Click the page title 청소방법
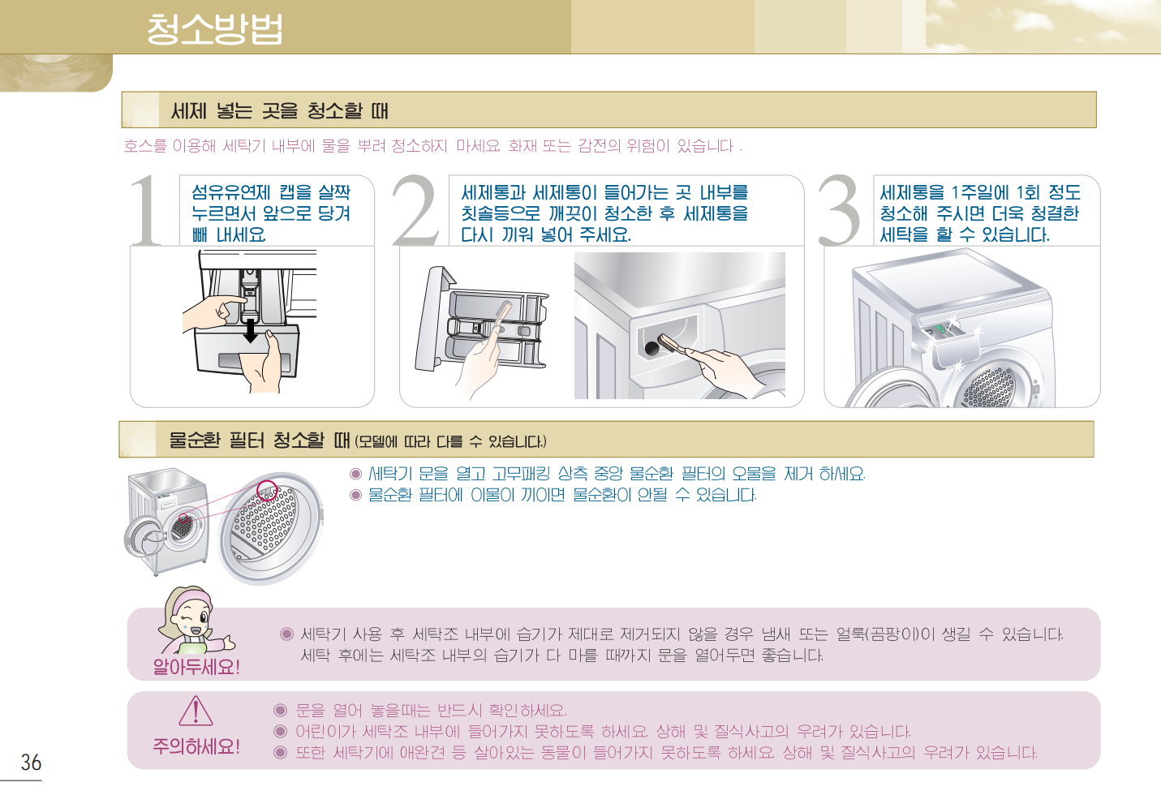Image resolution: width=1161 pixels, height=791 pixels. tap(214, 29)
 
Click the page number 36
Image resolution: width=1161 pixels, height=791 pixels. tap(31, 762)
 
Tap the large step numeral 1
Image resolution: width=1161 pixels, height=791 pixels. tap(147, 210)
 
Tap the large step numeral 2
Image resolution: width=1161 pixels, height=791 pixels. tap(415, 210)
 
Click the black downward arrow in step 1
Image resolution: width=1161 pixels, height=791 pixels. tap(251, 330)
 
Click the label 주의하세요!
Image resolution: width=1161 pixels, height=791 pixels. tap(196, 747)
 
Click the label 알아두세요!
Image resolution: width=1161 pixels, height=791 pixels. tap(196, 667)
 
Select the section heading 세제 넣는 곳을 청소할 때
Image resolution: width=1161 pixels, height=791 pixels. tap(279, 111)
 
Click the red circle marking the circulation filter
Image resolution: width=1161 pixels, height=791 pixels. tap(268, 490)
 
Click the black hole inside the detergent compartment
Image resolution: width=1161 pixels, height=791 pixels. tap(651, 348)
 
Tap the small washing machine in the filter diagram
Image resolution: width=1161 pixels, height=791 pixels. tap(167, 521)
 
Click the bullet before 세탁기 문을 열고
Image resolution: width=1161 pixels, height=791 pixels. tap(355, 474)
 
